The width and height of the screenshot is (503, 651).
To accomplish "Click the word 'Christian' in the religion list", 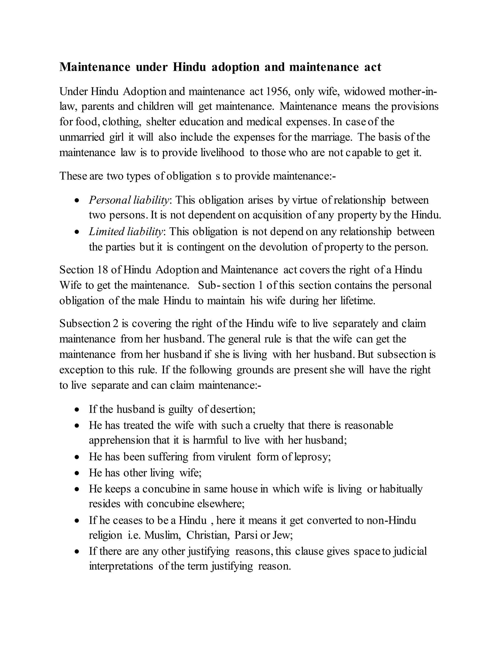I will tap(208, 535).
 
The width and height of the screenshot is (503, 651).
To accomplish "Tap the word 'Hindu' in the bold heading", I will tap(190, 67).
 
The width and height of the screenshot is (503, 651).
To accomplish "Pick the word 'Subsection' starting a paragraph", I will tap(85, 324).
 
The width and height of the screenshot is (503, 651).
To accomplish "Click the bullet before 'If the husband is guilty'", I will tap(77, 410).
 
